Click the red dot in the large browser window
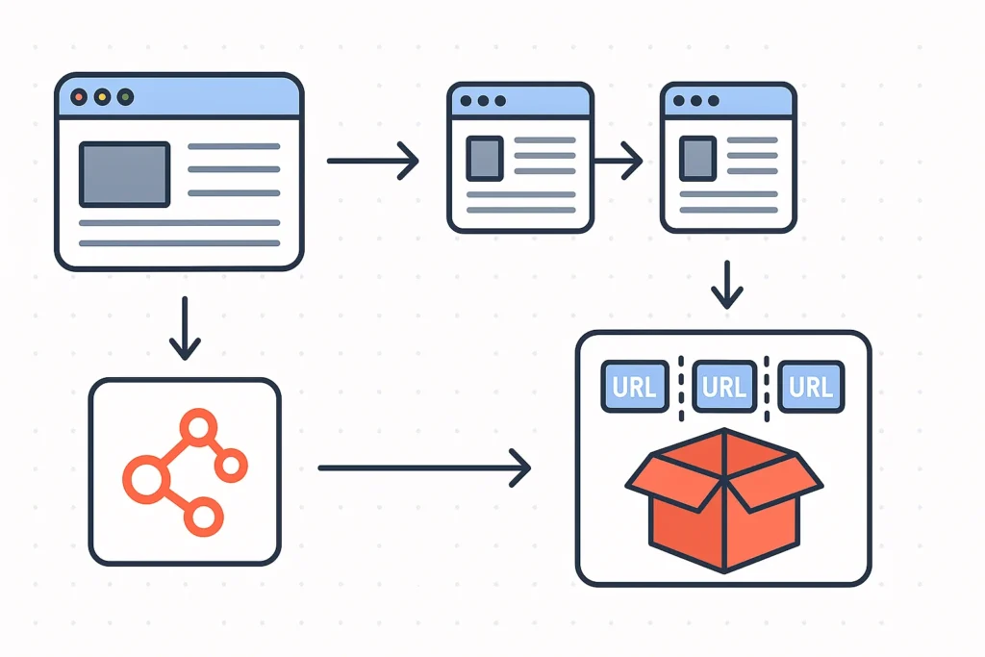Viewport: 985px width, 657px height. coord(80,97)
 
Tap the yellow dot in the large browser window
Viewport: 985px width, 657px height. coord(102,97)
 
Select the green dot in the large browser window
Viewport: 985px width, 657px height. coord(124,97)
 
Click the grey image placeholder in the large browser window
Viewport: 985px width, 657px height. coord(124,174)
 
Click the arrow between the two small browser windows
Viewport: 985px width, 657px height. coord(618,161)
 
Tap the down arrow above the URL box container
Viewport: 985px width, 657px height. coord(727,283)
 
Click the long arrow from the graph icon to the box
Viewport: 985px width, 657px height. coord(423,468)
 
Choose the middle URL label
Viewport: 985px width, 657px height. coord(723,387)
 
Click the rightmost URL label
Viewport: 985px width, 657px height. coord(810,387)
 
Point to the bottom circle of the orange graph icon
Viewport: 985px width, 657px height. coord(203,518)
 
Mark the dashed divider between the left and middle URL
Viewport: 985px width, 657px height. coord(680,387)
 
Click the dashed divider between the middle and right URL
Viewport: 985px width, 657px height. coord(767,387)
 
